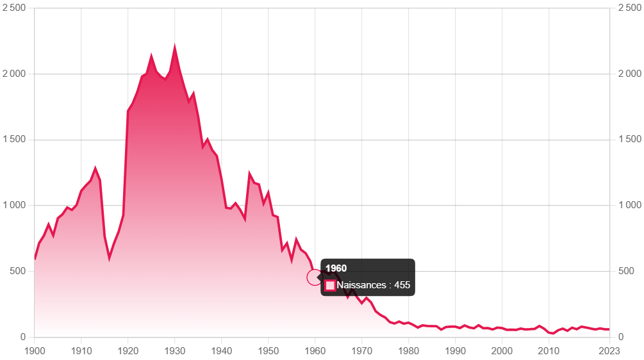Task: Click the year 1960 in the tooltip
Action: coord(336,268)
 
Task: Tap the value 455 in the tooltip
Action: coord(402,285)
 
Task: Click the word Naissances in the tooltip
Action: coord(361,285)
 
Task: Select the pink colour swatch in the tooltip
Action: coord(330,286)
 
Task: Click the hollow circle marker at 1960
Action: coord(315,277)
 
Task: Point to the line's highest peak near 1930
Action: coord(175,45)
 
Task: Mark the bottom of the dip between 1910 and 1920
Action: coord(110,258)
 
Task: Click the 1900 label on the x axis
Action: coord(35,350)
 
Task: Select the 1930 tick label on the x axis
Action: coord(175,350)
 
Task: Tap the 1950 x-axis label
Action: coord(268,350)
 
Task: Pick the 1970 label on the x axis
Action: coord(362,350)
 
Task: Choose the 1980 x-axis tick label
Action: coord(409,350)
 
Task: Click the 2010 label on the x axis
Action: coord(549,350)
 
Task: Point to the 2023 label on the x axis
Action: coord(609,350)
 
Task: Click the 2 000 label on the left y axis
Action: coord(16,74)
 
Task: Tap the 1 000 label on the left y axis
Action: coord(16,206)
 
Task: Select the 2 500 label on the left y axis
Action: coord(16,8)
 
